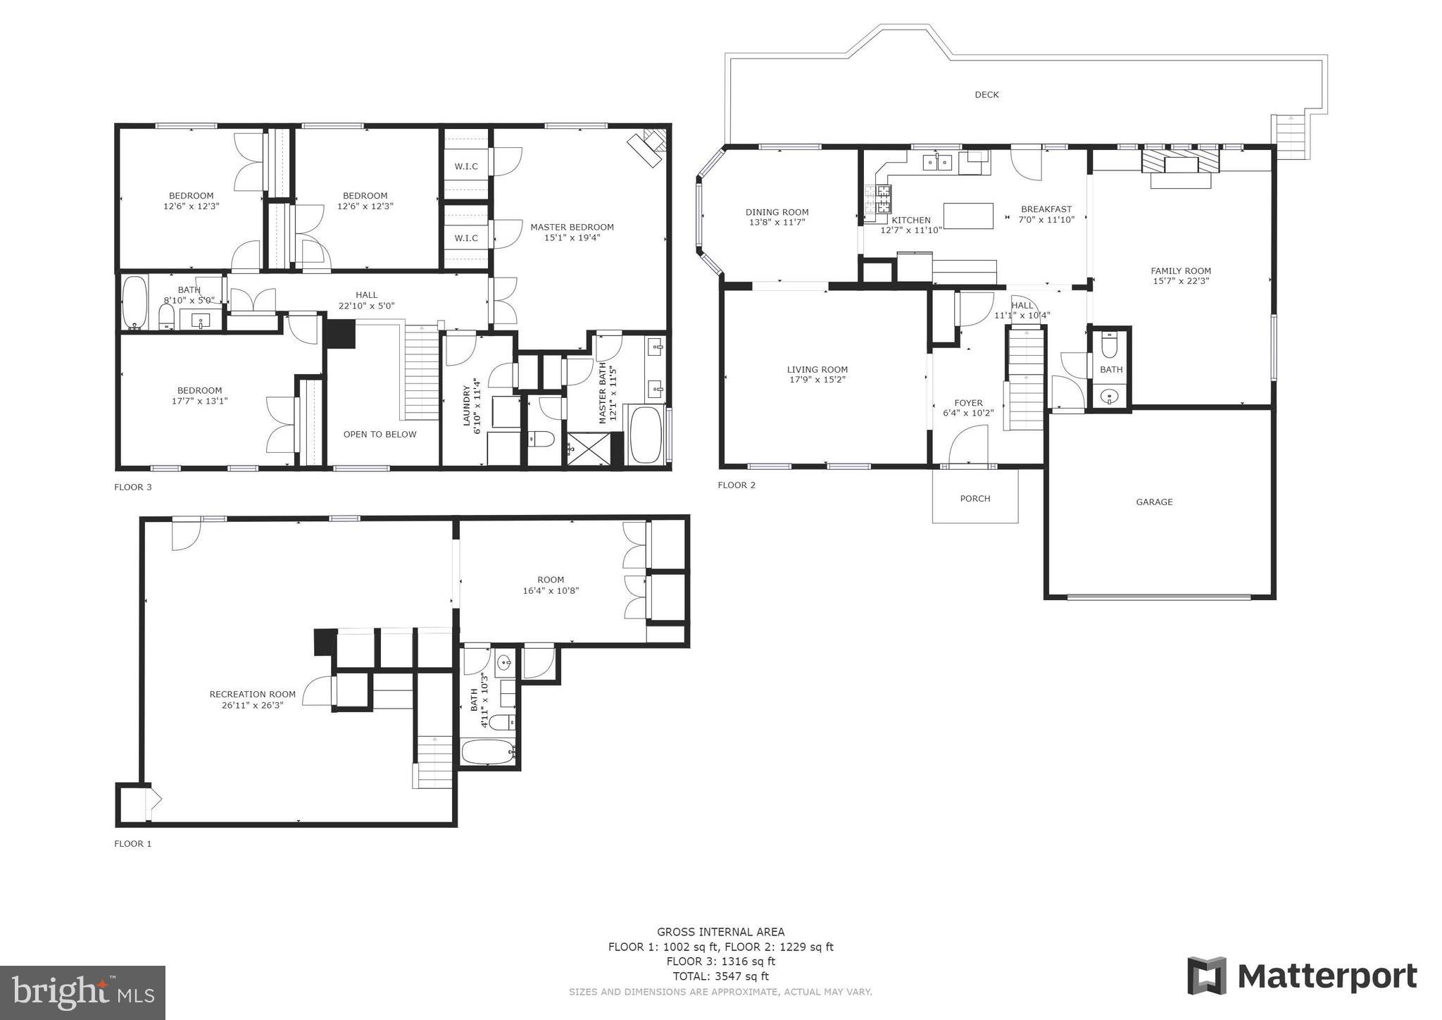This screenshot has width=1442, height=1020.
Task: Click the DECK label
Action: [986, 94]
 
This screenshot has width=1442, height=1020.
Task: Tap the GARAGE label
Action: [1154, 502]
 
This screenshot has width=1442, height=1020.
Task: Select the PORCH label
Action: [975, 499]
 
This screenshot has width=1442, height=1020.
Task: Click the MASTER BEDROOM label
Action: [572, 227]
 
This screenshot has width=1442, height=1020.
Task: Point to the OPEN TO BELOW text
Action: [380, 434]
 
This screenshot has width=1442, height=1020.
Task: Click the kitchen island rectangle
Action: [968, 216]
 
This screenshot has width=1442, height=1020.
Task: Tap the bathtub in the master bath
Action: [646, 434]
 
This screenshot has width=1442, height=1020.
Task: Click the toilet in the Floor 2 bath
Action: [1110, 346]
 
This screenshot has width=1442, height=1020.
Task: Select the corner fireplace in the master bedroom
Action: [648, 147]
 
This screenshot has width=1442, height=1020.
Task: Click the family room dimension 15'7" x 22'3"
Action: [1181, 281]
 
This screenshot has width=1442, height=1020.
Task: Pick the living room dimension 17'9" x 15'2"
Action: [817, 380]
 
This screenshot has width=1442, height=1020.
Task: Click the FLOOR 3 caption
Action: [133, 487]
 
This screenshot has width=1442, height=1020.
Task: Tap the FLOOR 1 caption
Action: [133, 843]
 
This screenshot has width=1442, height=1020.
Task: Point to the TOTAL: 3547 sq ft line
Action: [720, 976]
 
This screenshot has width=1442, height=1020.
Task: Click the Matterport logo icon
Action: [1206, 976]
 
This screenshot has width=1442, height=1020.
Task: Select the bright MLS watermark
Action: [83, 993]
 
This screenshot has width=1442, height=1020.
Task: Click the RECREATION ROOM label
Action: [252, 695]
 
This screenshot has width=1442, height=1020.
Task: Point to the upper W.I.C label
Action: [466, 166]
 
